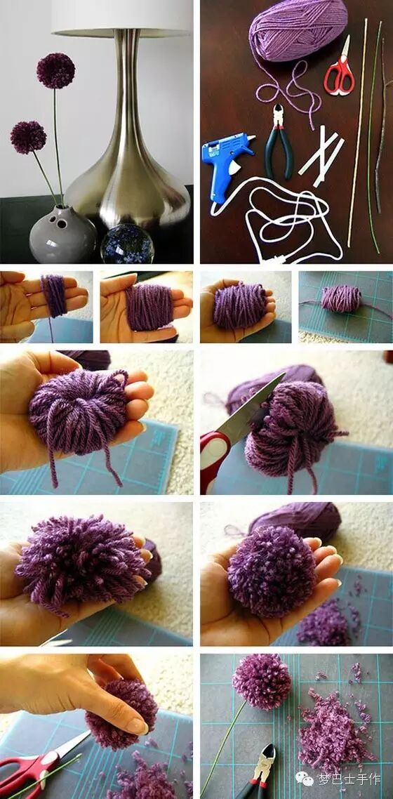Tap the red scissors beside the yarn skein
tap(340, 68)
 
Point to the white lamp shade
tap(122, 18)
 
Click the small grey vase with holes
tap(62, 235)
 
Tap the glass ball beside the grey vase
tap(127, 244)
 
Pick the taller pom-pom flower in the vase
tap(55, 70)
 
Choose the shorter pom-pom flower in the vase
tap(29, 137)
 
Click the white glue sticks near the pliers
tap(321, 150)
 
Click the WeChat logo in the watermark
tap(305, 778)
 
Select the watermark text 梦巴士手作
tap(349, 779)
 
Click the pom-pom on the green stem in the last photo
tap(262, 682)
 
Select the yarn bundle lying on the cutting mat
tap(340, 298)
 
